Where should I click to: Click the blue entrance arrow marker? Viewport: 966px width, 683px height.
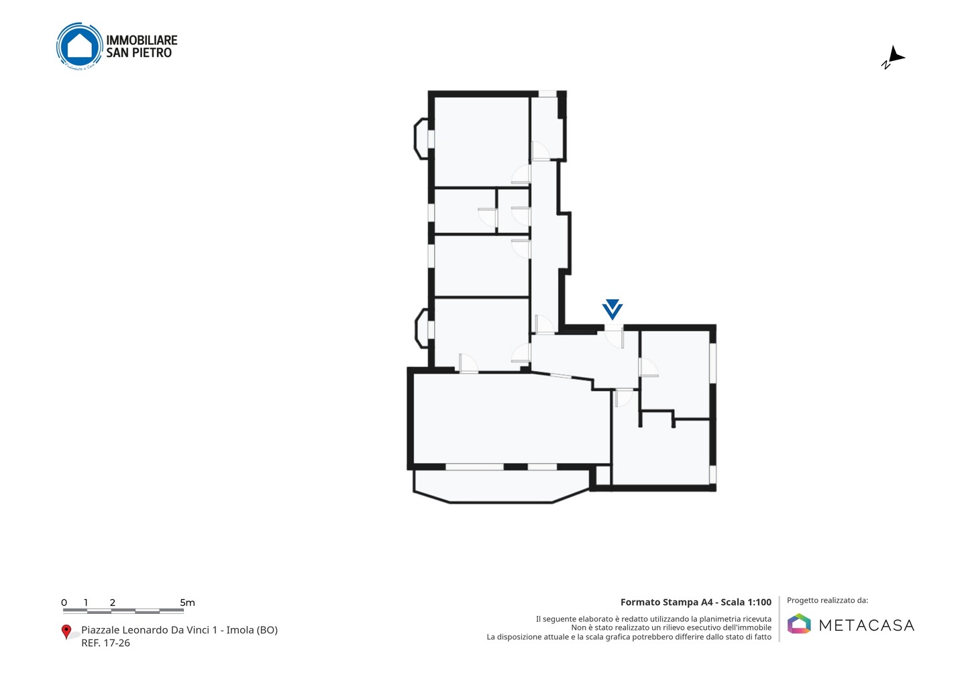click(x=612, y=309)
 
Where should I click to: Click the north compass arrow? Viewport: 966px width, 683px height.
click(x=894, y=57)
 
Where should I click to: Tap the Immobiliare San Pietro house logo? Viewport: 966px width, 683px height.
click(x=79, y=46)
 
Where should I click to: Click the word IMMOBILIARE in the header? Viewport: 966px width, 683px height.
click(x=142, y=40)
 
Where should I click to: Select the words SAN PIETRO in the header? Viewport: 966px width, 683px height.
click(x=139, y=52)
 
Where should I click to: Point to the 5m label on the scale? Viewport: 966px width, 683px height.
click(x=187, y=602)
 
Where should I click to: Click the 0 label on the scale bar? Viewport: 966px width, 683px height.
click(x=64, y=602)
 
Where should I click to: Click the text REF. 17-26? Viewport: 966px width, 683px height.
click(x=106, y=643)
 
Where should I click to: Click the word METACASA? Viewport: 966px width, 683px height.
click(x=867, y=625)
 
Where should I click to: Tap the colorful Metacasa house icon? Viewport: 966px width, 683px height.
click(x=799, y=623)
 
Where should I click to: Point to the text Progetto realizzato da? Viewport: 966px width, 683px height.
click(x=827, y=600)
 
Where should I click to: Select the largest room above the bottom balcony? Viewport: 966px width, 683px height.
click(x=511, y=418)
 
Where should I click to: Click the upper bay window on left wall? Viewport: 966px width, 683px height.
click(x=421, y=139)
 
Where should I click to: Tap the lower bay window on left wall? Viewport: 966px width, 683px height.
click(x=422, y=329)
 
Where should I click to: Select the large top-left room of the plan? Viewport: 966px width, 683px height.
click(x=482, y=142)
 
